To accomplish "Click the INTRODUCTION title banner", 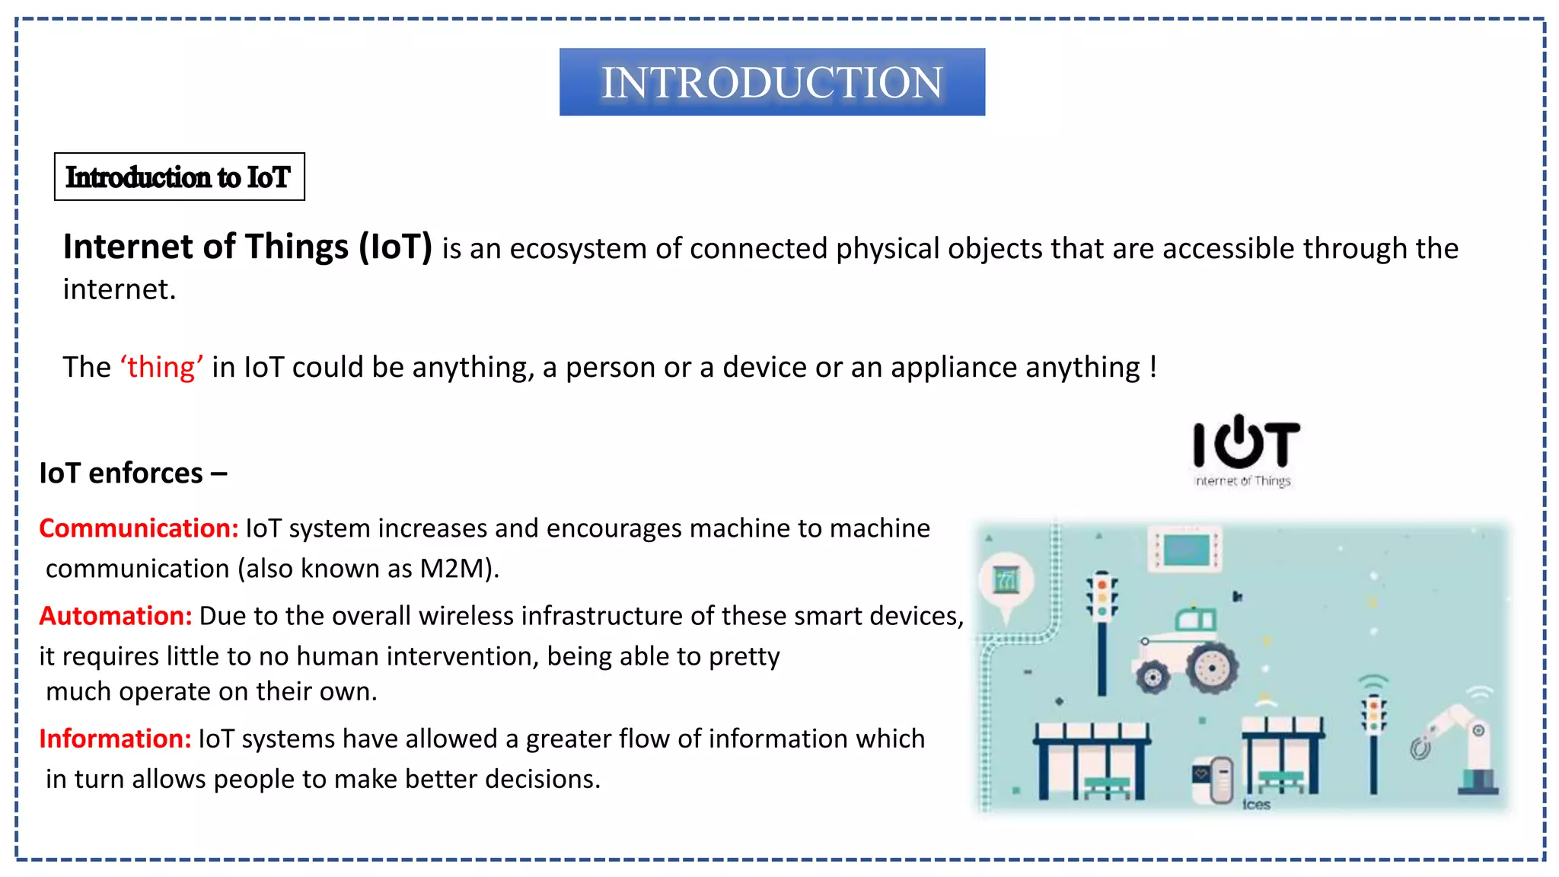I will pos(772,82).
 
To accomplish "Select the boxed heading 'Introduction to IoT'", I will pos(179,177).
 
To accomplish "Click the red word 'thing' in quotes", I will pos(161,367).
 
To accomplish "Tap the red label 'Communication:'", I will pos(139,528).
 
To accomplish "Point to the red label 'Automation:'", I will pos(116,616).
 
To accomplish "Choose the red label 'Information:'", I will pos(115,738).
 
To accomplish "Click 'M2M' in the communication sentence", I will pos(450,569).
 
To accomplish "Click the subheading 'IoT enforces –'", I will pos(132,474).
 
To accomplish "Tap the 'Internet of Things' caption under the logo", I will pos(1242,481).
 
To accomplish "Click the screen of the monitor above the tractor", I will pos(1186,550).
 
